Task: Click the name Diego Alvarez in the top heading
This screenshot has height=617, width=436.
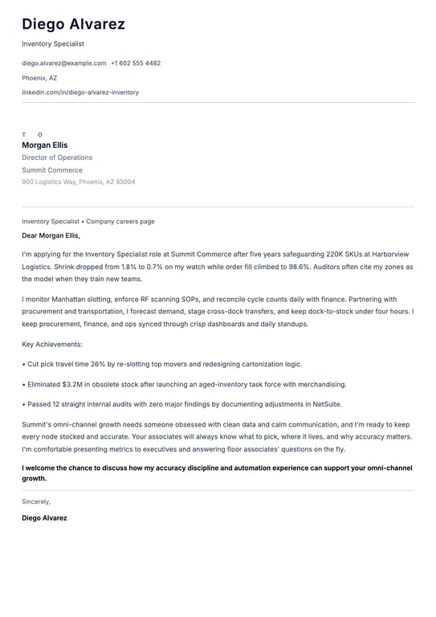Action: point(73,24)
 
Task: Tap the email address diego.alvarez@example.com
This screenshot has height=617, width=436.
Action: point(63,63)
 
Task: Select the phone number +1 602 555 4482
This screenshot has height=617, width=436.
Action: point(136,63)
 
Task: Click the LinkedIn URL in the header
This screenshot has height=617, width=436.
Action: point(80,92)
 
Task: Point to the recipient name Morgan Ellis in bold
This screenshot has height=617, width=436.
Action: point(45,145)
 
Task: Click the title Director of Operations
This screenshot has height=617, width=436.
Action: point(57,157)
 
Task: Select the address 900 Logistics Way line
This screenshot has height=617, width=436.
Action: point(79,182)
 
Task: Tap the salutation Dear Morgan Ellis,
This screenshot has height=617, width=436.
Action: point(51,235)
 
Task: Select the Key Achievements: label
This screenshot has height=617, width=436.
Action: point(52,344)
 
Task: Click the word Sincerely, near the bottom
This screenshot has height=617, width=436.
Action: point(36,501)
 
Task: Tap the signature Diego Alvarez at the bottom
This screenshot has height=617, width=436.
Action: point(44,518)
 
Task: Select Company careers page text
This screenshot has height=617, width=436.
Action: point(120,221)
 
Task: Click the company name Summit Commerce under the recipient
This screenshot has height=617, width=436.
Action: point(52,170)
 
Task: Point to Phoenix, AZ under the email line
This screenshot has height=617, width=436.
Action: point(39,78)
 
